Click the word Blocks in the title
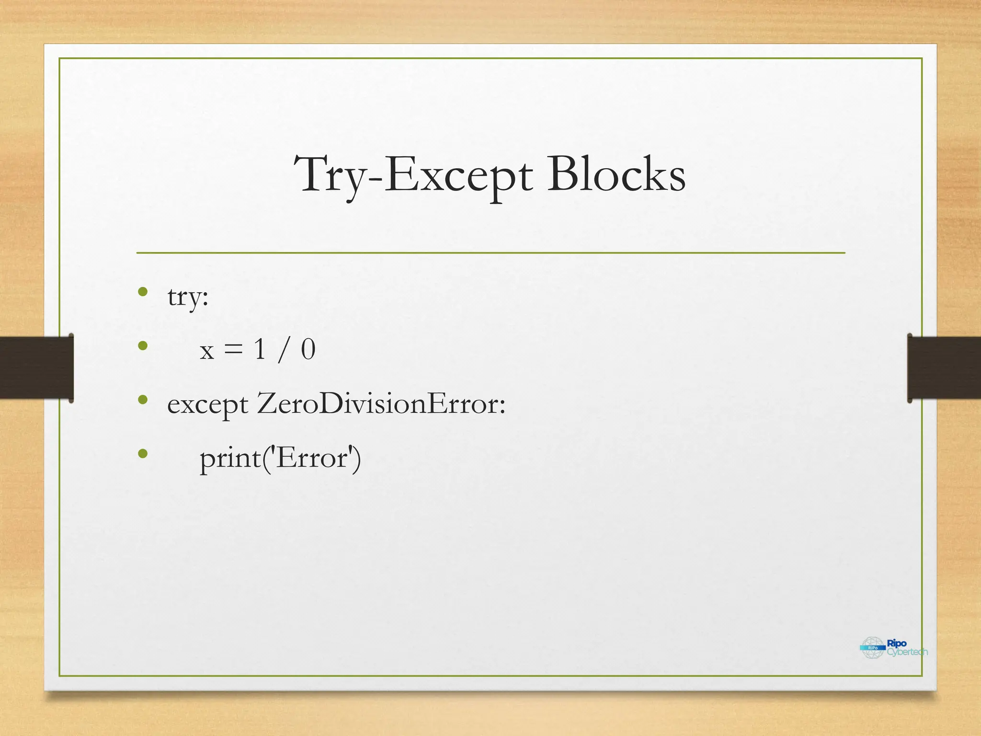(616, 175)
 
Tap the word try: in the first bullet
(188, 297)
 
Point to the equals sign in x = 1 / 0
(234, 350)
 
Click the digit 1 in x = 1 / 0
(260, 349)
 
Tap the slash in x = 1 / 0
(284, 350)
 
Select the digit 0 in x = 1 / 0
(308, 349)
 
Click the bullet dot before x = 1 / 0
(143, 345)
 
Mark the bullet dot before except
(143, 400)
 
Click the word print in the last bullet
(230, 459)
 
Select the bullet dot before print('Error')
(143, 453)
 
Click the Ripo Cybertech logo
(893, 648)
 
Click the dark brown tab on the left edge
(36, 368)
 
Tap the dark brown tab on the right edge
(944, 368)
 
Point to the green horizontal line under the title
(490, 253)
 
